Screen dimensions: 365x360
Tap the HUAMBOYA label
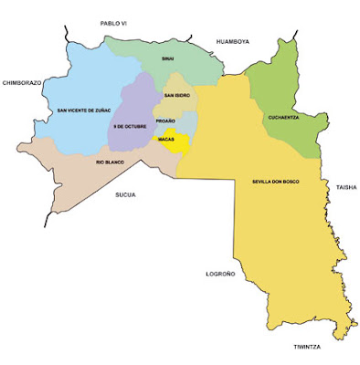(x=232, y=41)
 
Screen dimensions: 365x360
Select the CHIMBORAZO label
(x=23, y=80)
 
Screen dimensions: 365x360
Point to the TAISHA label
(x=346, y=187)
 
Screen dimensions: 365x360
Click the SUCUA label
(x=125, y=194)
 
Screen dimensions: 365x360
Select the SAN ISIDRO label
(x=176, y=95)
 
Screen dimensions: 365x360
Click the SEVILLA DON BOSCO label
(x=277, y=182)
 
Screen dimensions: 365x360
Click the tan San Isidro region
(x=176, y=105)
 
